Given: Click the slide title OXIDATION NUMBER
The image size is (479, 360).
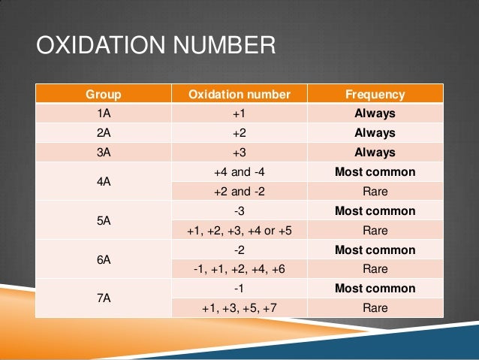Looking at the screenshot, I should [x=156, y=47].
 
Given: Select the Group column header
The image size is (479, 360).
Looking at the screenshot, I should [x=104, y=95].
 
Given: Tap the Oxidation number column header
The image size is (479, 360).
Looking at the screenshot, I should [x=239, y=95].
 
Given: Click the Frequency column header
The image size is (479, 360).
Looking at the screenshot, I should [x=375, y=95].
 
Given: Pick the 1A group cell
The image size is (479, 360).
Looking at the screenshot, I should [x=104, y=114].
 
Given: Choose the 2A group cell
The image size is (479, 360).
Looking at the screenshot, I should [x=104, y=133].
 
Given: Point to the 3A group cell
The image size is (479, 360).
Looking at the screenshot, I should [x=104, y=153].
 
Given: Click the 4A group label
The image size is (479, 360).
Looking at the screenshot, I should [x=104, y=182].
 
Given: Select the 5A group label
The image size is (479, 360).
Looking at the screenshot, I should [x=104, y=221].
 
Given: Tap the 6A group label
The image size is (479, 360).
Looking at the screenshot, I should [x=104, y=259].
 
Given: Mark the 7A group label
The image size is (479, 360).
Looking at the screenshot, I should [x=104, y=298].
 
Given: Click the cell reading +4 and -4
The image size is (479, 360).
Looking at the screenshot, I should [x=239, y=172].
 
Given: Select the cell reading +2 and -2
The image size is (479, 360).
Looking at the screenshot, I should [x=239, y=192].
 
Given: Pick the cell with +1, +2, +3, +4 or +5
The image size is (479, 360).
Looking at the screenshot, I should [x=239, y=231].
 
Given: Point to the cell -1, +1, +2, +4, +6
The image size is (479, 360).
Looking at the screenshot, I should [x=239, y=269].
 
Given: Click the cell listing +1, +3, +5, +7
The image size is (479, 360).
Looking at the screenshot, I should [x=239, y=308].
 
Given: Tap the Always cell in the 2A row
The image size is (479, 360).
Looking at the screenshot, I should [x=375, y=133].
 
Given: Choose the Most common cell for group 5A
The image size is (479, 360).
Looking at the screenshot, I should [x=375, y=211].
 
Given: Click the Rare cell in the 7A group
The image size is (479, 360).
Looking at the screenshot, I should [x=375, y=308].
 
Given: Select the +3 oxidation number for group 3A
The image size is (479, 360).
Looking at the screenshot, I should [x=239, y=153].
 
